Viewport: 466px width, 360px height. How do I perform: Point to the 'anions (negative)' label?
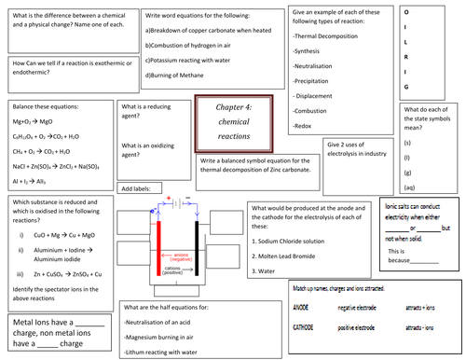point(180,256)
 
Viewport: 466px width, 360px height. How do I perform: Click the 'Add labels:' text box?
point(137,188)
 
